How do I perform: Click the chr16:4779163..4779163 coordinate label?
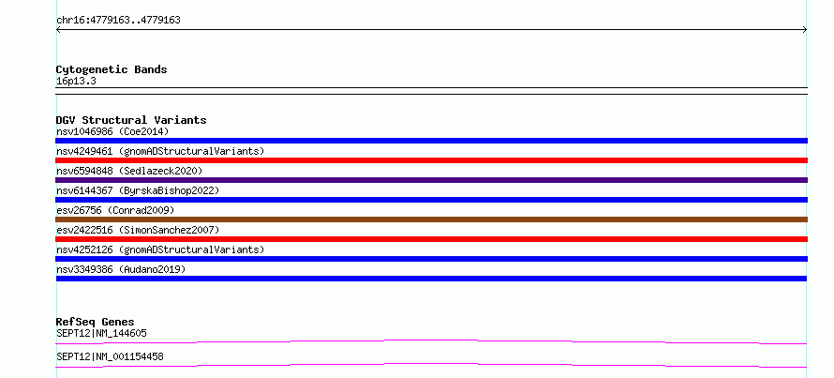pos(118,21)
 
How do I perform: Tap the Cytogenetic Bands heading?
pos(112,69)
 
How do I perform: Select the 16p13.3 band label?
pos(76,82)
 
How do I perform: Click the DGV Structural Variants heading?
pos(131,120)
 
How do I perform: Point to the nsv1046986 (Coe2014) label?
pos(112,131)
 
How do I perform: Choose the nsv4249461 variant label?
pos(160,151)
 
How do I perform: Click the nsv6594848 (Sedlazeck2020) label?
pos(129,171)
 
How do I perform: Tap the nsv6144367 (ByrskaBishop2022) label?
pos(137,190)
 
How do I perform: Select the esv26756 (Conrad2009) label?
pos(115,210)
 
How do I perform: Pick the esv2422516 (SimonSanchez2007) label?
pos(137,230)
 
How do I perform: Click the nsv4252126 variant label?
pos(160,249)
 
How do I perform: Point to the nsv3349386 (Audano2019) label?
pos(121,269)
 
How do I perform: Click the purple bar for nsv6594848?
pos(431,180)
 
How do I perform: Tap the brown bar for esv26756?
pos(431,219)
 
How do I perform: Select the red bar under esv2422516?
pos(431,239)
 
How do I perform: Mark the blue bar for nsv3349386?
pos(431,279)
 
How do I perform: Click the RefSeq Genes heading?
pos(95,322)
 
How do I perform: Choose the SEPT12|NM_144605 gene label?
pos(101,333)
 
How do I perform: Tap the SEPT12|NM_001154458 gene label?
pos(110,356)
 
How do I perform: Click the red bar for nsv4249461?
pos(431,160)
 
